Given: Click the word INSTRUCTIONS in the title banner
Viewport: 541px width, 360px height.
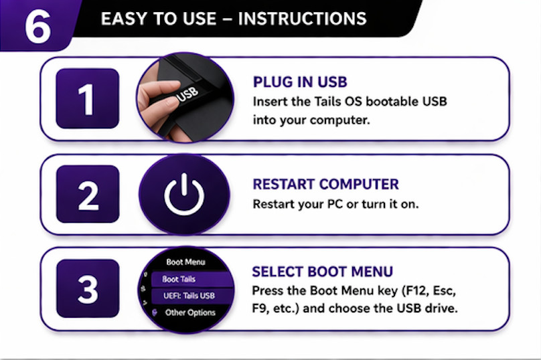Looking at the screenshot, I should [x=302, y=18].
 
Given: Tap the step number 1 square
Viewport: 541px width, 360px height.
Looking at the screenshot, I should [x=87, y=98].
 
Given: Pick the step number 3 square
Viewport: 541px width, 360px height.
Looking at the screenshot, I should [x=87, y=288].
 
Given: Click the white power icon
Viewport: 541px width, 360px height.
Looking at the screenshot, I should [x=184, y=194].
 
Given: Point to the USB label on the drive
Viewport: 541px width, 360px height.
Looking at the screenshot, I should [x=188, y=96].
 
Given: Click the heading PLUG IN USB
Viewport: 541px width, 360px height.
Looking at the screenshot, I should [x=300, y=82].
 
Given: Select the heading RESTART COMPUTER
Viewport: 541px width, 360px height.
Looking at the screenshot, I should [x=325, y=184].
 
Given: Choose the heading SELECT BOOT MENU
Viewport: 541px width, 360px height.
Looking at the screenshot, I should [x=322, y=272].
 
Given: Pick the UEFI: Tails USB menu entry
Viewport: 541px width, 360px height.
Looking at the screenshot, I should [x=189, y=296].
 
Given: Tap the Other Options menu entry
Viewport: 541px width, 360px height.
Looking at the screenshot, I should [x=190, y=312].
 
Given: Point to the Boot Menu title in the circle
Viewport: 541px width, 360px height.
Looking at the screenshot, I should [x=185, y=262].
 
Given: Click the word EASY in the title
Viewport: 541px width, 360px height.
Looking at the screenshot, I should [x=122, y=18].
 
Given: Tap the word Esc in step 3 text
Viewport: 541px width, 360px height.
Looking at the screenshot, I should [x=446, y=292].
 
